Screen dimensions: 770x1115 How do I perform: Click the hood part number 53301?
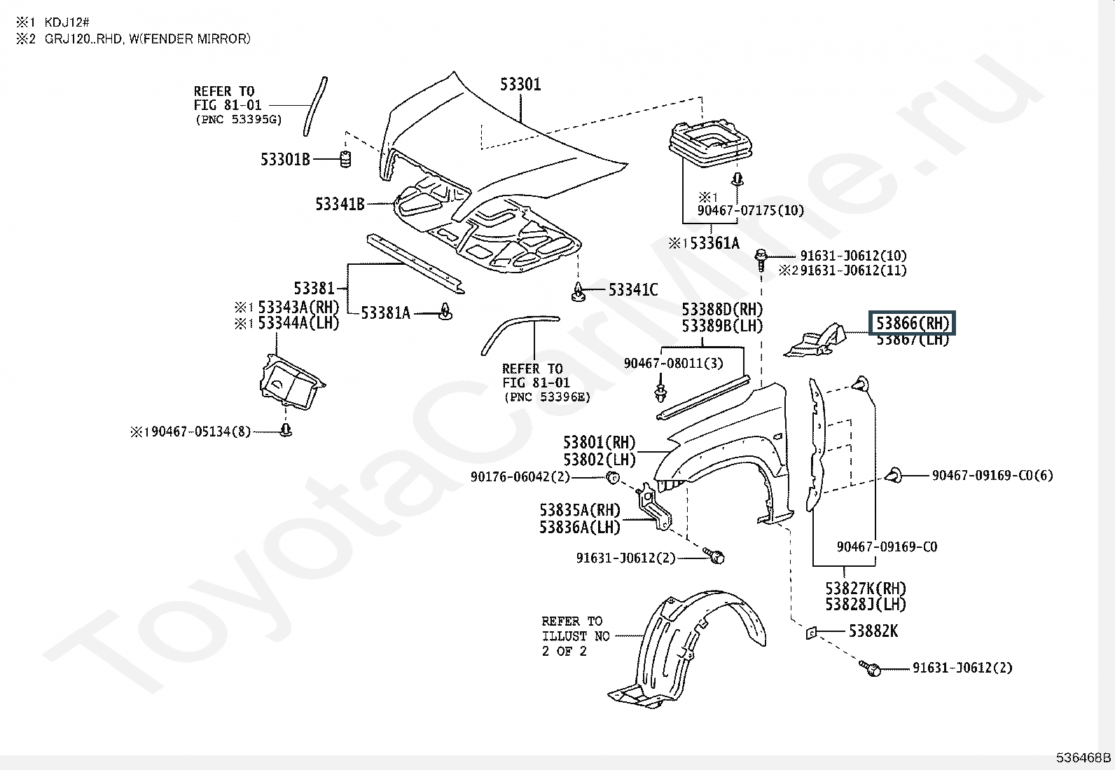[520, 85]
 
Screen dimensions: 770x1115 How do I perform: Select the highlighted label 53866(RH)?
[913, 323]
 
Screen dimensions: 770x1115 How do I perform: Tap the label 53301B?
[285, 160]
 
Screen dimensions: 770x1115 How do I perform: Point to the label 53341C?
[633, 289]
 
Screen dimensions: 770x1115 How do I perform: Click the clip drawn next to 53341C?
[579, 292]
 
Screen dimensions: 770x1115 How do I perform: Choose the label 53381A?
[385, 312]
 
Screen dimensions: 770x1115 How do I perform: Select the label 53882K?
[873, 631]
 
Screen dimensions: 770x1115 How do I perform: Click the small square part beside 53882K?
[810, 632]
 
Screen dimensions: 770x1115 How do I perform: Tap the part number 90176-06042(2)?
[520, 477]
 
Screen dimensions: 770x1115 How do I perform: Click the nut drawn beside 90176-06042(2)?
[611, 478]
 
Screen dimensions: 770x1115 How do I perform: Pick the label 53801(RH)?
[599, 443]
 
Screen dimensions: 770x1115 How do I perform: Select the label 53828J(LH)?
[865, 604]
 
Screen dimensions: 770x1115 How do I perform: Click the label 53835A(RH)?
[580, 510]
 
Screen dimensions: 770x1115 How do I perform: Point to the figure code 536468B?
[1083, 757]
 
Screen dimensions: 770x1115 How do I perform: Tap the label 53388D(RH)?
[722, 310]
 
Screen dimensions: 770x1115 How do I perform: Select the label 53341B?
[340, 205]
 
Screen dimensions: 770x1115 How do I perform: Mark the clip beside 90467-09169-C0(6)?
[894, 476]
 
